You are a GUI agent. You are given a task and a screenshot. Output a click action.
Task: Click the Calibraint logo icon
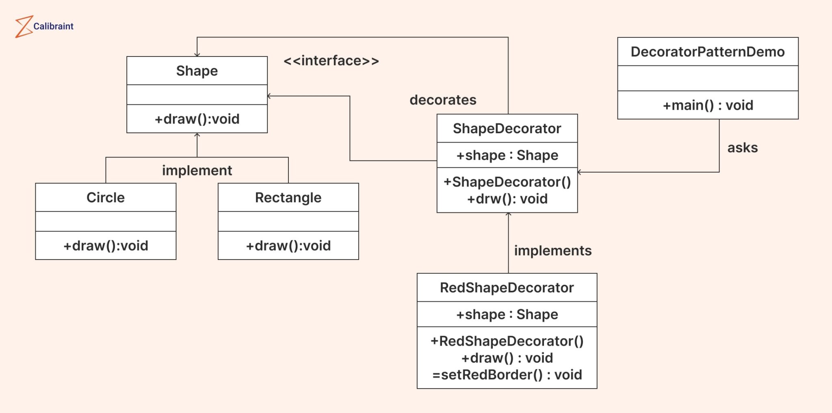pos(24,27)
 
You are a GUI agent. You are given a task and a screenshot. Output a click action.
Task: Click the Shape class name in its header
pos(197,71)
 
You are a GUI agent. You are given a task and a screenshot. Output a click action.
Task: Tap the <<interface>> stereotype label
pos(331,61)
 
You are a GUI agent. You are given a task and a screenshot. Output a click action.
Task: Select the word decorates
pos(443,100)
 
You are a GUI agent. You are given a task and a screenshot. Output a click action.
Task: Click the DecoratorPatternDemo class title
pos(707,52)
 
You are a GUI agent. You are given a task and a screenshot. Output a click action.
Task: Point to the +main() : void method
pos(708,106)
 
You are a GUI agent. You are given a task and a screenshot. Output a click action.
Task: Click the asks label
pos(742,148)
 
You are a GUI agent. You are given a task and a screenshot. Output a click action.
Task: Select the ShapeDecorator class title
pos(507,129)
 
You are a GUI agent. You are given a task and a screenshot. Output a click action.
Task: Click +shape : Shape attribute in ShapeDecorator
pos(507,156)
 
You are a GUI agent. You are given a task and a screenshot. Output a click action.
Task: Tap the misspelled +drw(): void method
pos(507,199)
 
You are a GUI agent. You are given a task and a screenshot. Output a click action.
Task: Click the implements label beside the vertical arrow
pos(552,251)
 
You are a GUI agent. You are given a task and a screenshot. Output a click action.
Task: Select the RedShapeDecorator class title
pos(507,288)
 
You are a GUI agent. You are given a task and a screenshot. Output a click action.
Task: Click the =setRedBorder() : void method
pos(507,375)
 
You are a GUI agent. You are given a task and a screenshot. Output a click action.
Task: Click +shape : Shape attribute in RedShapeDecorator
pos(507,315)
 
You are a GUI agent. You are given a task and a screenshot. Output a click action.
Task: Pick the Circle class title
pos(106,198)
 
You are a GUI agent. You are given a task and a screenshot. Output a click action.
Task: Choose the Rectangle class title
pos(288,198)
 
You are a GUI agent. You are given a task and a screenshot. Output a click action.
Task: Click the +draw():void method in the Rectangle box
pos(288,246)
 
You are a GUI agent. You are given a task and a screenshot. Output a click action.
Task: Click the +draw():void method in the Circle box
pos(106,246)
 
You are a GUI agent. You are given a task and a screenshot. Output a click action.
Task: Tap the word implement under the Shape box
pos(197,171)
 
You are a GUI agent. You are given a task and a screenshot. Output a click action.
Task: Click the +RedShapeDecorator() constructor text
pos(507,342)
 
